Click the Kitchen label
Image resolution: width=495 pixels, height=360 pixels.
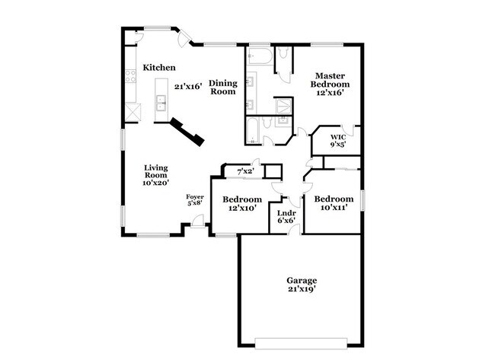click(160, 68)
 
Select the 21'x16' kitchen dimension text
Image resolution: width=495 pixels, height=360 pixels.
click(187, 87)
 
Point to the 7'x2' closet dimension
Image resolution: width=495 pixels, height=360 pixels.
click(244, 171)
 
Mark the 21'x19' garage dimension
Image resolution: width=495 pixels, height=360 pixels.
click(302, 290)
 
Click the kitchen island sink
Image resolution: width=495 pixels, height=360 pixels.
click(161, 104)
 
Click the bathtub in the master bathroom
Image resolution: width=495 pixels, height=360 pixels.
click(257, 59)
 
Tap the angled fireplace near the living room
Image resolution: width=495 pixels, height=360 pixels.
click(187, 130)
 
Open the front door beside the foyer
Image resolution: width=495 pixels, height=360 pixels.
click(197, 221)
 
